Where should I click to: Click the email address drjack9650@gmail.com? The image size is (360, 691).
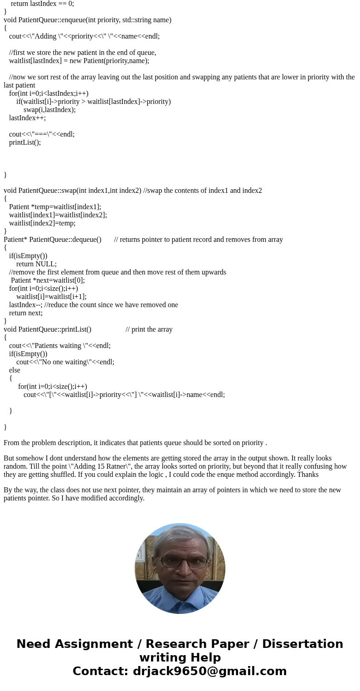[209, 671]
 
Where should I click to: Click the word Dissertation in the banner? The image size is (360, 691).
[302, 644]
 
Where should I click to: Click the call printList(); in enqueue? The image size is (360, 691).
[25, 142]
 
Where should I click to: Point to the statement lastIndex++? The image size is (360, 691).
[27, 118]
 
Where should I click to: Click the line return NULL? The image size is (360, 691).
[36, 264]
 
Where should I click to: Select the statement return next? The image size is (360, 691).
[25, 313]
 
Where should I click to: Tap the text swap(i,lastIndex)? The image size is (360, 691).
[49, 109]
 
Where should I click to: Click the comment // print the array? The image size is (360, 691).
[149, 329]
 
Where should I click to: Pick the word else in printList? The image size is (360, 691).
[15, 370]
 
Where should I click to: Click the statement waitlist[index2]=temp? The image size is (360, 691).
[42, 223]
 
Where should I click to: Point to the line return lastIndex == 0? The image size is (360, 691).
[42, 4]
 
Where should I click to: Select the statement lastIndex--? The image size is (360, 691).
[25, 304]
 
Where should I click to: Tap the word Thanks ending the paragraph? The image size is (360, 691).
[308, 474]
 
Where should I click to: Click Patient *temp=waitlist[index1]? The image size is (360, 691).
[55, 206]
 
